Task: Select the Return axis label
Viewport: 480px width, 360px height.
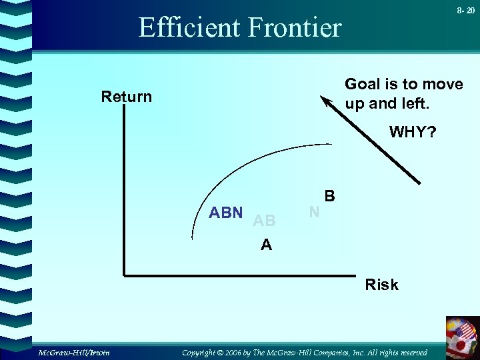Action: (x=127, y=97)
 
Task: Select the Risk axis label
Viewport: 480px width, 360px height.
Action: (x=381, y=285)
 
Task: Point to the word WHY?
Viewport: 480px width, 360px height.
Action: (x=413, y=132)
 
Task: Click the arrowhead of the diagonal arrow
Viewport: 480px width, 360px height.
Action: (x=326, y=101)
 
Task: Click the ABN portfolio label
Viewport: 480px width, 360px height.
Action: (x=226, y=213)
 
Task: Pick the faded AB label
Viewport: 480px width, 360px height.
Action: (x=265, y=221)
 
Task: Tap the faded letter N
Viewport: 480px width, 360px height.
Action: (x=314, y=212)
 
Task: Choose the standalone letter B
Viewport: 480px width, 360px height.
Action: (x=329, y=197)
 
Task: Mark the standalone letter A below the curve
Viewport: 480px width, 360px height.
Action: (x=267, y=245)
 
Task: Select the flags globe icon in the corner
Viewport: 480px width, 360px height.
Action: (x=463, y=336)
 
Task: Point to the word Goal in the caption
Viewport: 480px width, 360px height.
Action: (x=361, y=84)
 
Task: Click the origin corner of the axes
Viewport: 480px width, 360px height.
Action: (x=124, y=273)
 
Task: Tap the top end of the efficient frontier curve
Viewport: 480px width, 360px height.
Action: (x=331, y=144)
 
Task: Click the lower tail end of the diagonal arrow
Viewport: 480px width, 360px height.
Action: (x=420, y=183)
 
